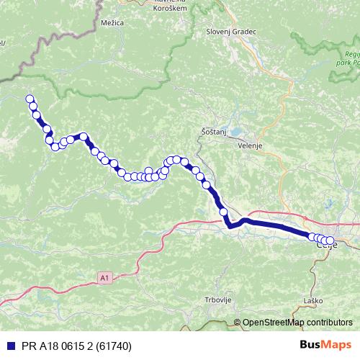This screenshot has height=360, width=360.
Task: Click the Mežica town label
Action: tap(113, 23)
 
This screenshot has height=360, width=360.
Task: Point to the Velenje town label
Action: tap(250, 145)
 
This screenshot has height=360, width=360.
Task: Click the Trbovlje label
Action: tap(217, 300)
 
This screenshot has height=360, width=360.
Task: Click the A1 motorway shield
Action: tap(105, 276)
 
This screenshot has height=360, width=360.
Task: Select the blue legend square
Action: tap(8, 345)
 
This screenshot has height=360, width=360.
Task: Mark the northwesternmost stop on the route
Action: tap(30, 99)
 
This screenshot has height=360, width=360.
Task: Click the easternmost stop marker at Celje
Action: tap(330, 240)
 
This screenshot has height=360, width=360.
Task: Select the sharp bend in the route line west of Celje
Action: tap(231, 225)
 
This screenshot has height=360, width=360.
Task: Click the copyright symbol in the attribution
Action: tap(238, 323)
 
